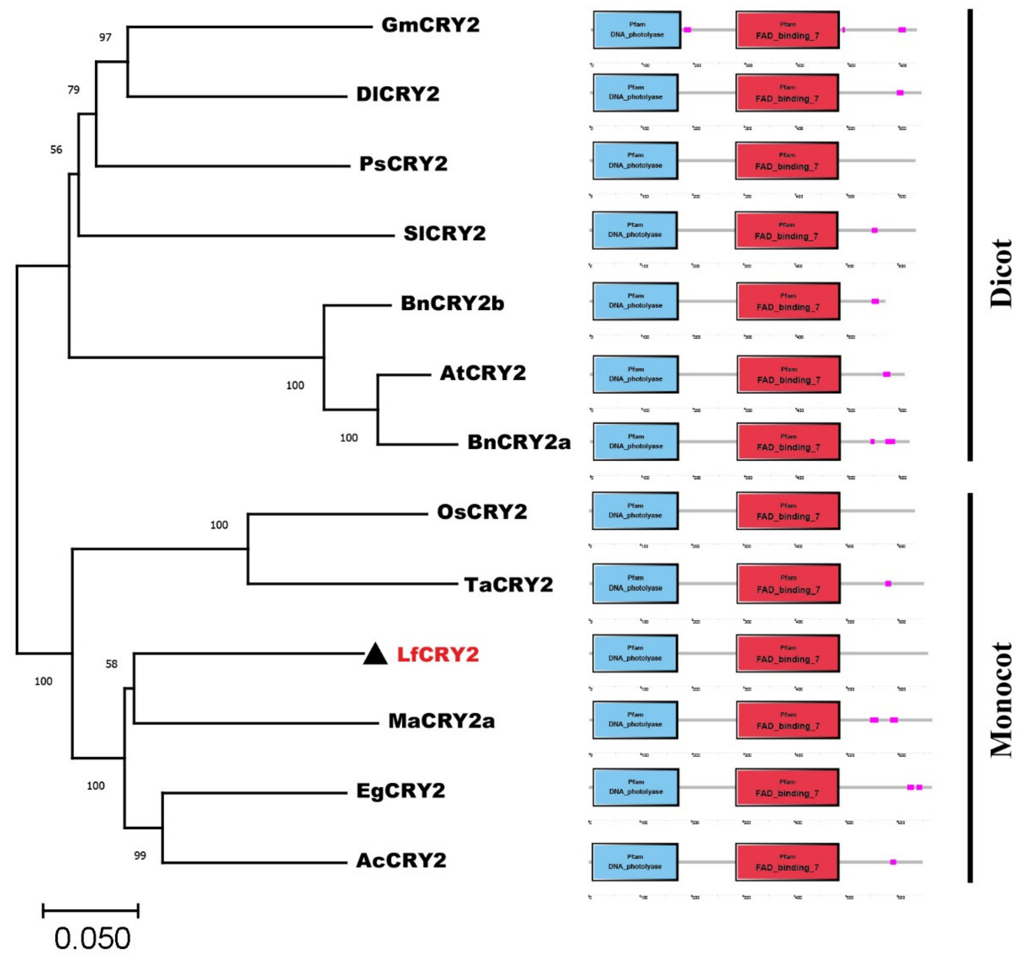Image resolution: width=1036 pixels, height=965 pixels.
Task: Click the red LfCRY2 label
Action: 438,654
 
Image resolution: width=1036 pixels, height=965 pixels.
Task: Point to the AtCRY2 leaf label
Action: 483,373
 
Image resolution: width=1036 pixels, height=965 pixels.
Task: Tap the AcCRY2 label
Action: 401,860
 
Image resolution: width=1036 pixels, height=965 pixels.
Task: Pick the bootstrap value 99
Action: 140,856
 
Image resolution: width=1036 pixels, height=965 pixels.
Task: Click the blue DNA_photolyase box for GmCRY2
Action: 637,30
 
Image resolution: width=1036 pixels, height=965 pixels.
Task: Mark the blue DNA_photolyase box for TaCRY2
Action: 635,584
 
